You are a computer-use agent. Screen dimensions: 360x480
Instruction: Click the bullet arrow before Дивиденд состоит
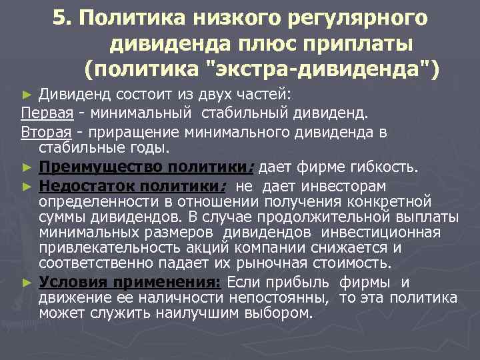[26, 92]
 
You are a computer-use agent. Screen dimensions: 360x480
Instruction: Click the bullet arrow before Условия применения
[26, 283]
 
